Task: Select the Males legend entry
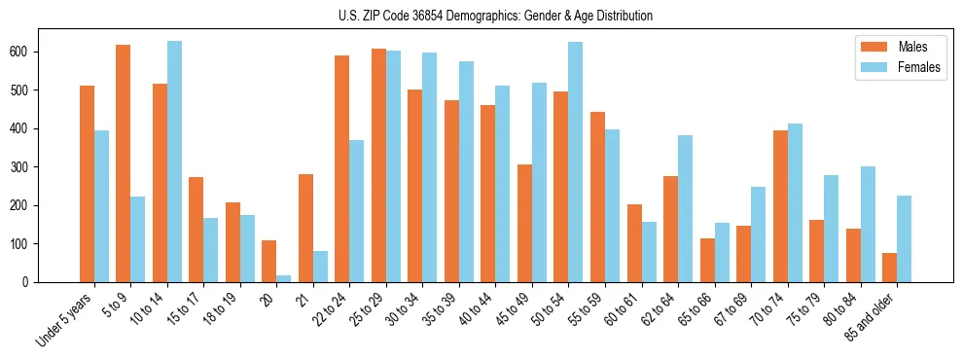tap(899, 47)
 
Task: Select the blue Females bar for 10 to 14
tap(174, 162)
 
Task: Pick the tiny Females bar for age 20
tap(284, 278)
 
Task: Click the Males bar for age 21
tap(305, 228)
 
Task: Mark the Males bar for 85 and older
tap(890, 268)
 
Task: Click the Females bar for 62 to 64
tap(686, 208)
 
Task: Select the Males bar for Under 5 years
tap(87, 184)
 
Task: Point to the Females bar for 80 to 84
tap(868, 224)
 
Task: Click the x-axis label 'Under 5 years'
tap(66, 319)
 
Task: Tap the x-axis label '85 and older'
tap(872, 316)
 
